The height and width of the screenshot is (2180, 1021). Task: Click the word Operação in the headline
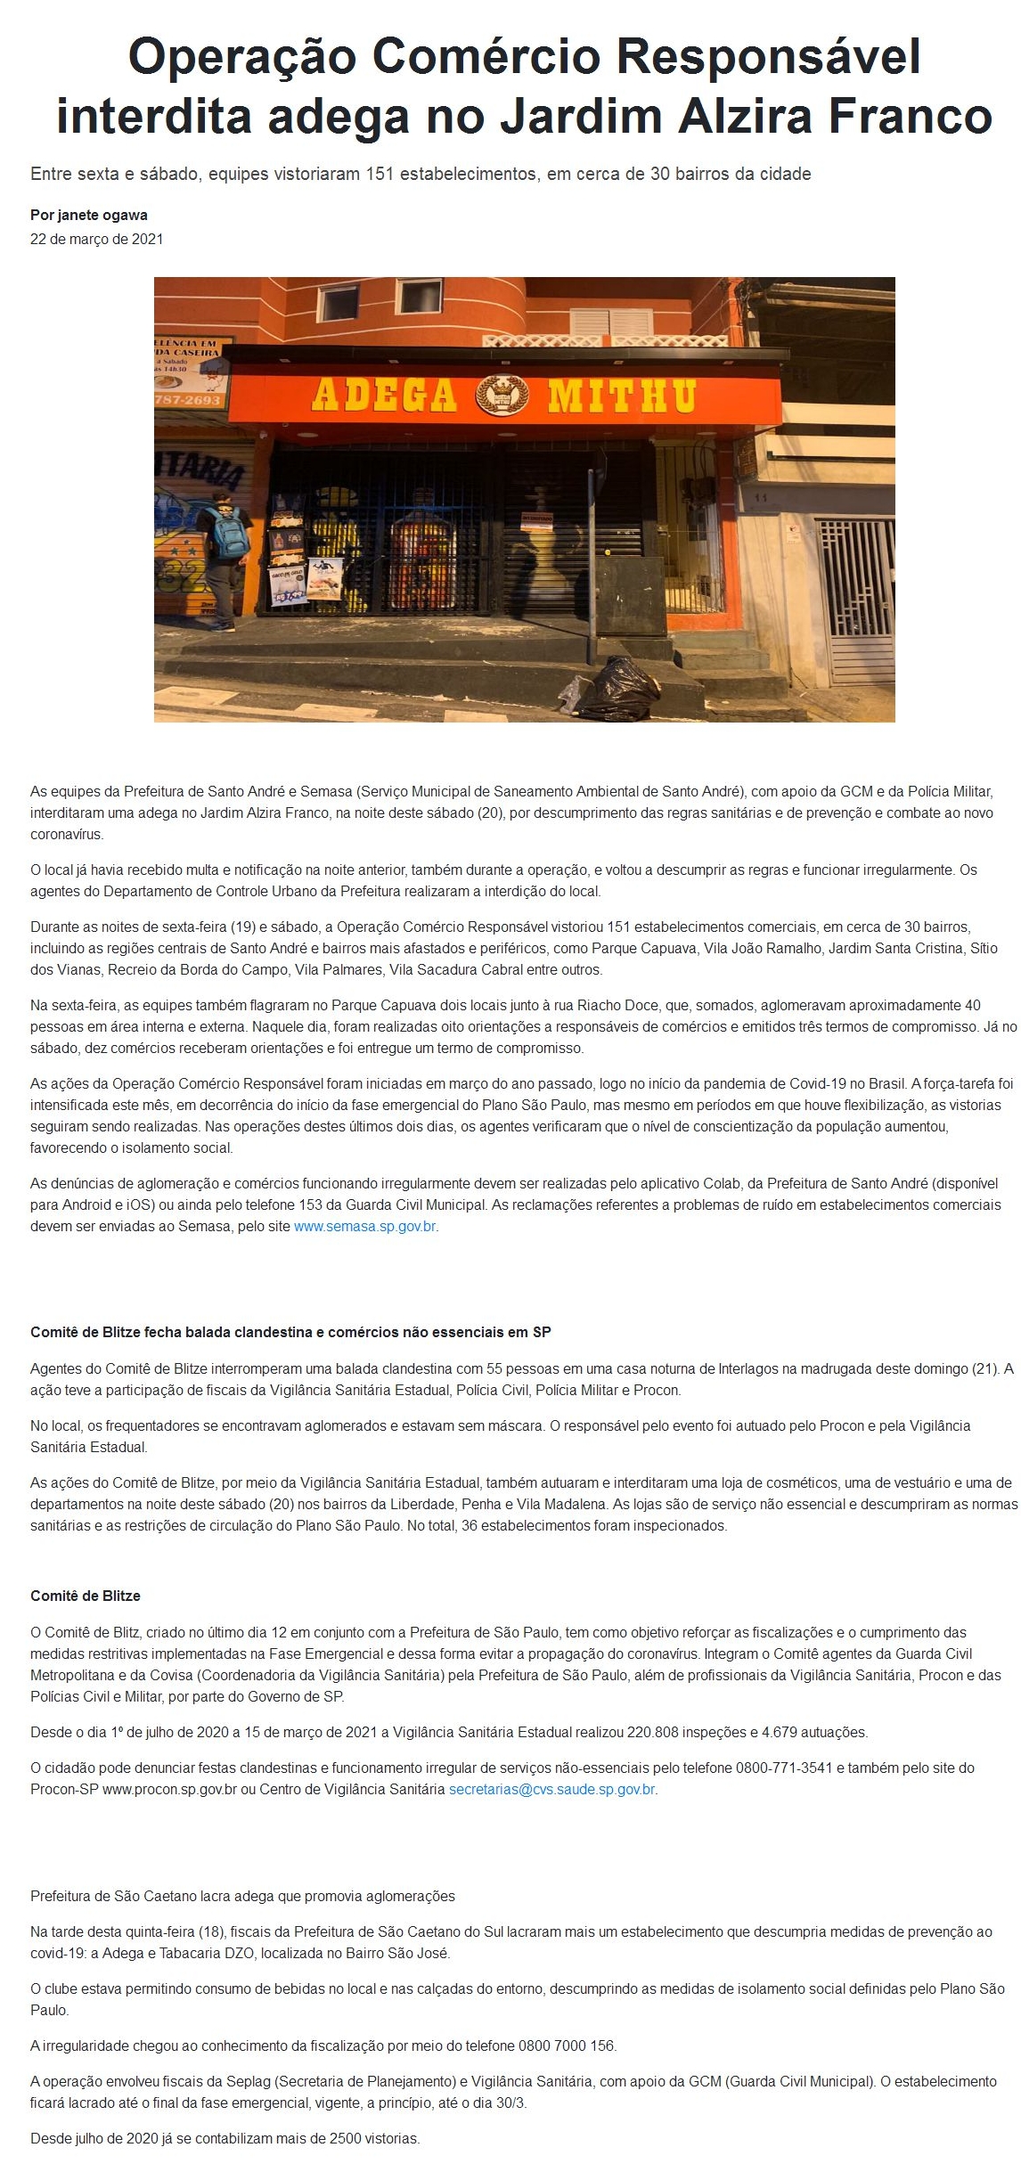coord(241,58)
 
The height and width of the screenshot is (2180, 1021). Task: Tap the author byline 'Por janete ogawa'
coord(89,215)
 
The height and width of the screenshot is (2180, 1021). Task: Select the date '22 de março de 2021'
coord(96,239)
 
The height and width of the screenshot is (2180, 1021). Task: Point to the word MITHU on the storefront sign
coord(622,395)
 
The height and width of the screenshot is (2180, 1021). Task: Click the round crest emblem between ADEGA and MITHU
coord(502,395)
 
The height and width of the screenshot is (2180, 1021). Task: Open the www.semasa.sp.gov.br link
coord(365,1226)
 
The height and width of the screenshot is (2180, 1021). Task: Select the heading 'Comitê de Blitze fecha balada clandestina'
coord(290,1332)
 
